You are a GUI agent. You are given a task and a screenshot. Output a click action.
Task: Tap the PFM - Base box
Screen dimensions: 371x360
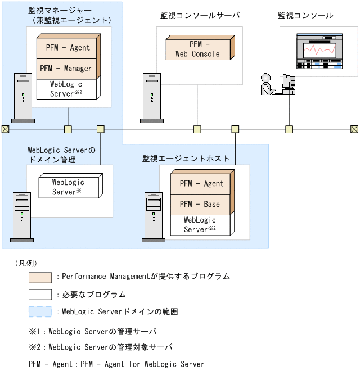pos(201,204)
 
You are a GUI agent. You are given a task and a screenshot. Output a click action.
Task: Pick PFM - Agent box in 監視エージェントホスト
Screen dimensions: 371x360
pos(201,184)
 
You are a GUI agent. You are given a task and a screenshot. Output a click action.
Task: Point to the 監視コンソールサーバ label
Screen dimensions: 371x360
pos(200,15)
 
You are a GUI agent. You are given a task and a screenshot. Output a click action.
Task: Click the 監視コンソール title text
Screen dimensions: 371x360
pos(305,15)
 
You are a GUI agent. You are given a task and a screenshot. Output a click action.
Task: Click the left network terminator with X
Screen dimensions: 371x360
pos(5,129)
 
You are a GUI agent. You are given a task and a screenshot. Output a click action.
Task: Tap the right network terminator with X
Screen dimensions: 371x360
pos(354,129)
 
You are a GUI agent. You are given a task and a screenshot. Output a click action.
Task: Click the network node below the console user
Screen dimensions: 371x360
pos(289,129)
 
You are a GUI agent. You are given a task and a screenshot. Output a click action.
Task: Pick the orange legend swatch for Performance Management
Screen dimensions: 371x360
pos(40,277)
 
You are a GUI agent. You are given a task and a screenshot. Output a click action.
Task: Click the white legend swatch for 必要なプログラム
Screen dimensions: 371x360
pos(40,294)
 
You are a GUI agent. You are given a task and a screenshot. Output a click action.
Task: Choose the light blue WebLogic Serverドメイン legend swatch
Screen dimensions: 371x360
pos(40,311)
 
